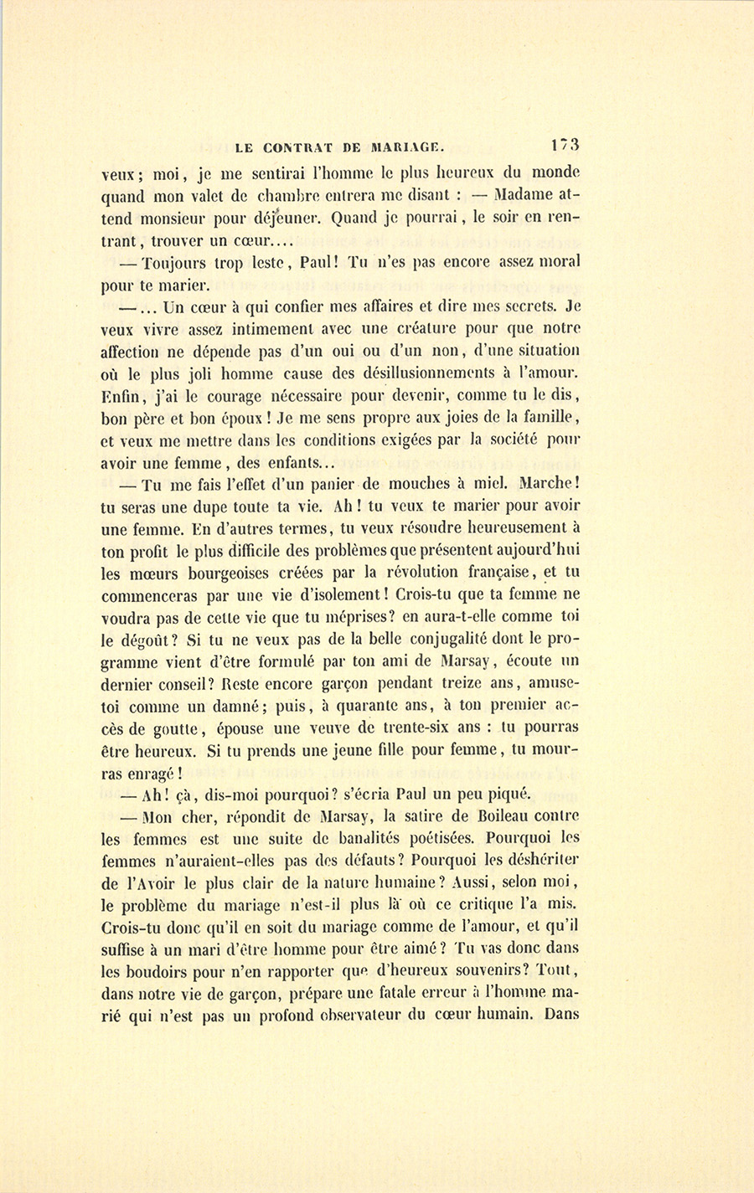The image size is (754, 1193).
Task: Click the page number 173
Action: [565, 144]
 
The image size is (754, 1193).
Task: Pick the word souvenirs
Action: [502, 971]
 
